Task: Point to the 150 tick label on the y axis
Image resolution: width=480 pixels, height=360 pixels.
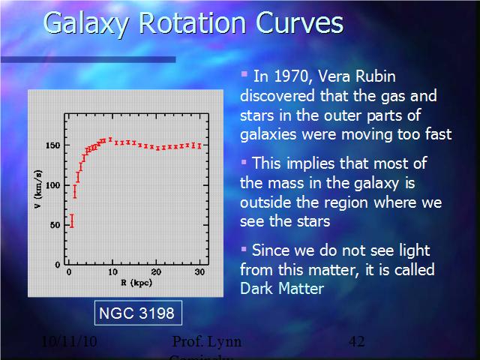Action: [x=52, y=145]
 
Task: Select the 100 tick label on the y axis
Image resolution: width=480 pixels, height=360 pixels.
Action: [x=52, y=184]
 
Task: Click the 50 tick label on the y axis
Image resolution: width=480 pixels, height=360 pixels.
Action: [x=55, y=225]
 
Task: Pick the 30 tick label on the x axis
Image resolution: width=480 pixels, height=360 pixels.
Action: [x=199, y=271]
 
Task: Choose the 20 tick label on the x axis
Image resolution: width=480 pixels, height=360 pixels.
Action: [x=155, y=271]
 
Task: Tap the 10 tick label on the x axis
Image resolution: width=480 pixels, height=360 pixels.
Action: [x=112, y=271]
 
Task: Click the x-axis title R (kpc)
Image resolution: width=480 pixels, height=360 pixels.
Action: [x=134, y=283]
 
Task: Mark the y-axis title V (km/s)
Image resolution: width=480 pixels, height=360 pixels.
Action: [x=37, y=190]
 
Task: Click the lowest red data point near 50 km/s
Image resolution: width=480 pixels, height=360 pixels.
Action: [x=72, y=220]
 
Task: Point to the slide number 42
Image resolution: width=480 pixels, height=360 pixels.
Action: [x=356, y=342]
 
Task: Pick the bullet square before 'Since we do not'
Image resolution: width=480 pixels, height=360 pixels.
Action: [x=244, y=247]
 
